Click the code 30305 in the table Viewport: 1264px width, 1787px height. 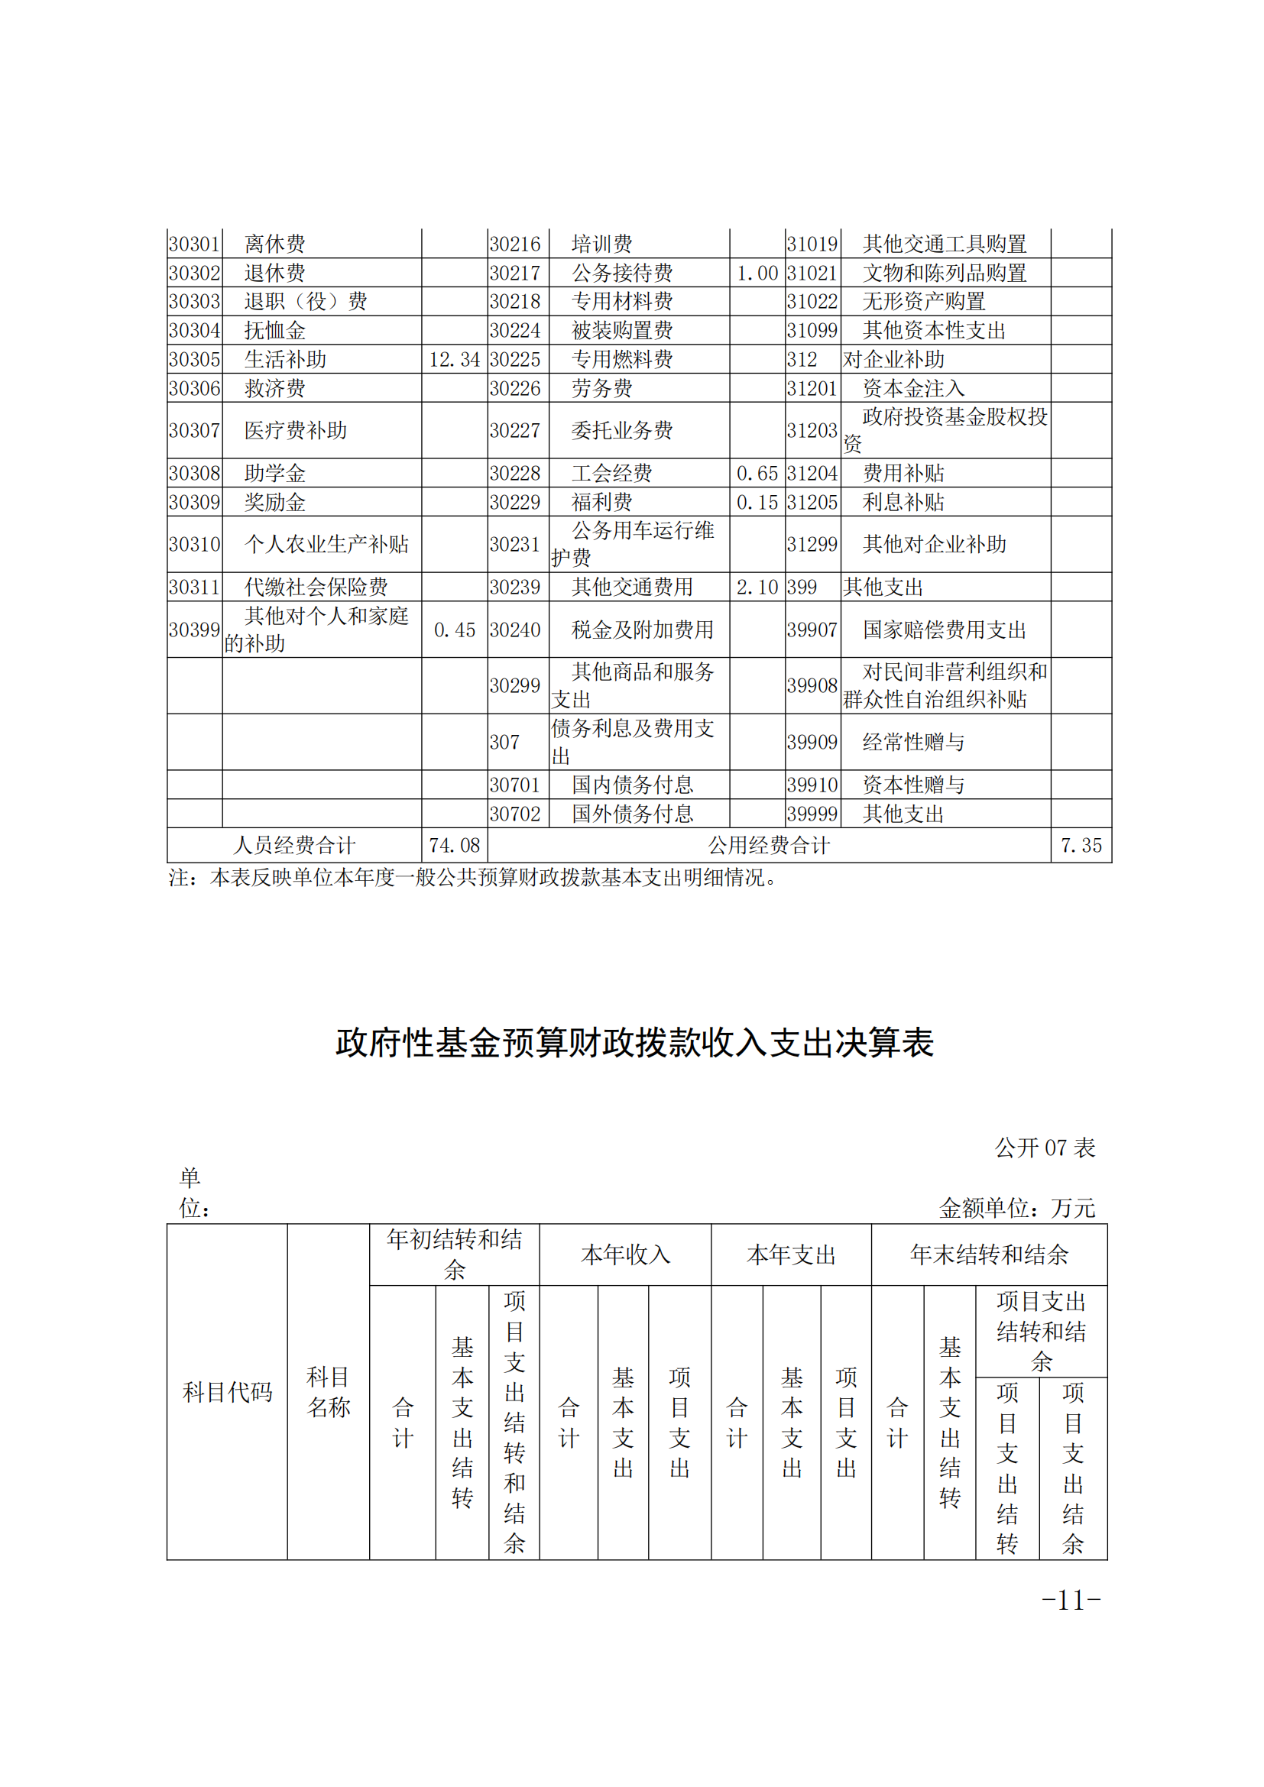195,360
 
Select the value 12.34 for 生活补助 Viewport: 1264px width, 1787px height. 455,360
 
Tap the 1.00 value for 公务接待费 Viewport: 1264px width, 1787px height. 757,274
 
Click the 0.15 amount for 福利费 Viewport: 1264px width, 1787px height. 757,503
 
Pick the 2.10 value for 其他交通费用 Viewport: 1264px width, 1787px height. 757,588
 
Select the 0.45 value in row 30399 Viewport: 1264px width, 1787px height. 455,630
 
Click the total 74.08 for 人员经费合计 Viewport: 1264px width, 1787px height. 455,845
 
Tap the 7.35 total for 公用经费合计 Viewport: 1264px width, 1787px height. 1081,845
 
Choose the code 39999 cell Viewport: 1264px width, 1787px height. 812,814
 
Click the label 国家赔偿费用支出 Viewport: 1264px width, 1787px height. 944,630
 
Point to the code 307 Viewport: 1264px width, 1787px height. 504,743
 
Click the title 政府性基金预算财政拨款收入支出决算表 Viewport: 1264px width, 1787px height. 634,1043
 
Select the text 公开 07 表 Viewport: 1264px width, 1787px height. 1045,1148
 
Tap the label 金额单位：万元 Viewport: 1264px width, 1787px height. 1016,1208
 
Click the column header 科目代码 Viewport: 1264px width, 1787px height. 227,1391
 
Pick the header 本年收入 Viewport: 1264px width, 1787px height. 625,1254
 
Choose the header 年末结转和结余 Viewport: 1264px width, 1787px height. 988,1254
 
